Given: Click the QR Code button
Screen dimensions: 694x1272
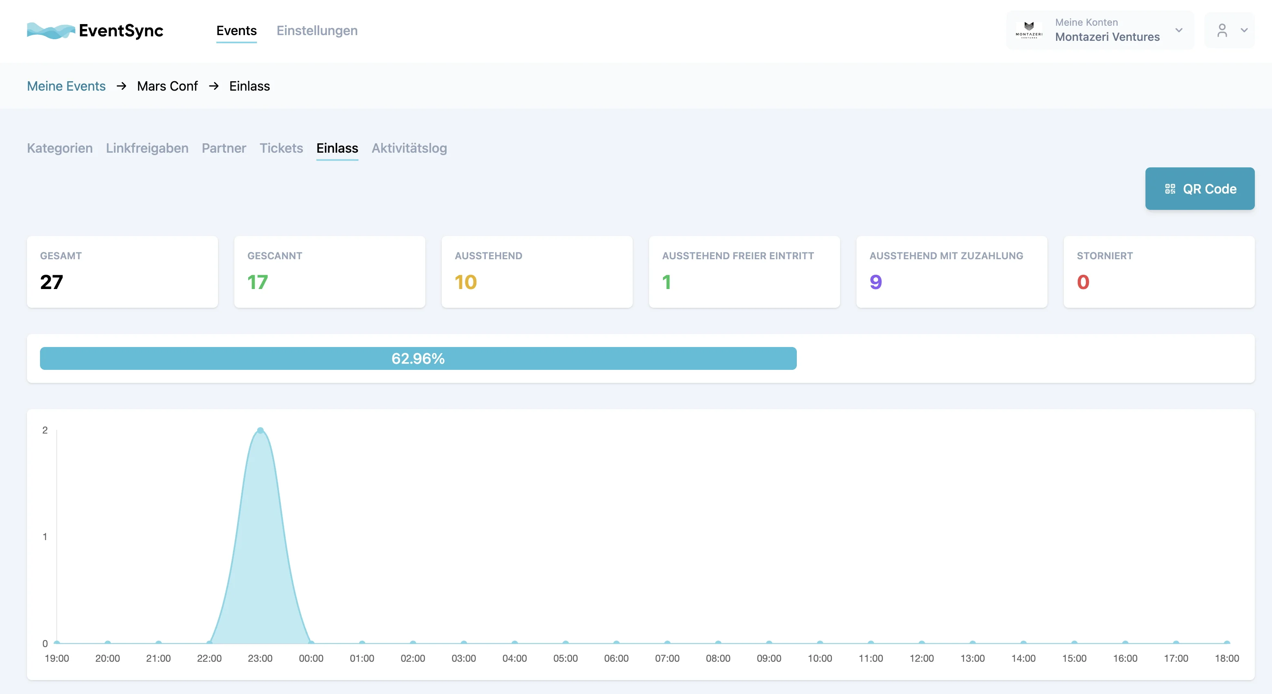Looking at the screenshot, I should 1199,189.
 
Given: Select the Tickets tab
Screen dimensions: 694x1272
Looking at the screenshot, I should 281,148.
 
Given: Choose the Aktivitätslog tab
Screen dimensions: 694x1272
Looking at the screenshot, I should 409,148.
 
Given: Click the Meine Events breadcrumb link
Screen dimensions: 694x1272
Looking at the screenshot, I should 66,86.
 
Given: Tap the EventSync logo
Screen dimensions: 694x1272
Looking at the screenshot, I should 95,31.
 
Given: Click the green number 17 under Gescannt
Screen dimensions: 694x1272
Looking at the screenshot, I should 257,282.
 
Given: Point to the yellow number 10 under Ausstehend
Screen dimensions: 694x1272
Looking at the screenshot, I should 465,282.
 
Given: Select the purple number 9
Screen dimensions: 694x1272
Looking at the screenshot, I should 876,282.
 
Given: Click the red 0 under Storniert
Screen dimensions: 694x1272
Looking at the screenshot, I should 1083,282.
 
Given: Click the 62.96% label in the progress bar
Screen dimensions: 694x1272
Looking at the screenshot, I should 418,358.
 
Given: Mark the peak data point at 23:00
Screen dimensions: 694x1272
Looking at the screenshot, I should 260,430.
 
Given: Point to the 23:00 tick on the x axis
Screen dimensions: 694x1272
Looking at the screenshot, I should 260,658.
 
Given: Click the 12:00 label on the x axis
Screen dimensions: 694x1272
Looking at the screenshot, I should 921,658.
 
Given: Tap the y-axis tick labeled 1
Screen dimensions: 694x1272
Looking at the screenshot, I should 45,536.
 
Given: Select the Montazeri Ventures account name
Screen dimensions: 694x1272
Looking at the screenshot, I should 1107,37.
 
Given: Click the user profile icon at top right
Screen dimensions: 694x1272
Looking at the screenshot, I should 1222,31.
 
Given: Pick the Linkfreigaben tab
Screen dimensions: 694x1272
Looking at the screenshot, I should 147,148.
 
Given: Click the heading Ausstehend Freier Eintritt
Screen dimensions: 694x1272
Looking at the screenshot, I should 738,256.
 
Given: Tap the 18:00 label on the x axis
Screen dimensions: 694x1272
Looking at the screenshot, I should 1227,658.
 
